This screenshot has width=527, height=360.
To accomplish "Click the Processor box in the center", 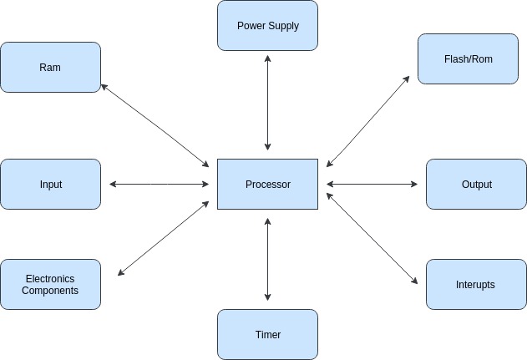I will point(267,184).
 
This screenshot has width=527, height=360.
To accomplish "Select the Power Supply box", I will point(267,25).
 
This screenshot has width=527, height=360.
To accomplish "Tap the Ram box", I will point(50,67).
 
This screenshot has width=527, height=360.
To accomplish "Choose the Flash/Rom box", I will point(468,58).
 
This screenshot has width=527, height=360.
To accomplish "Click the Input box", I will point(50,184).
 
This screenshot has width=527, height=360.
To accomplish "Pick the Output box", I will point(476,184).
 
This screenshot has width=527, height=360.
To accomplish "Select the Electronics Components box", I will point(50,284).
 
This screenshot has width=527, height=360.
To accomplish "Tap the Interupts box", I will point(476,284).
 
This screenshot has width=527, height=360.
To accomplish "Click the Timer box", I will point(267,334).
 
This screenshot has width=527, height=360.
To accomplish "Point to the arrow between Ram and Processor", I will point(155,124).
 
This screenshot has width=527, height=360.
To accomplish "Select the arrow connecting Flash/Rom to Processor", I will point(368,122).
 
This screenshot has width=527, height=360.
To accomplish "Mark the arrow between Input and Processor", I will point(159,184).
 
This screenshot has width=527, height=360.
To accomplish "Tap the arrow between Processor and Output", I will point(372,184).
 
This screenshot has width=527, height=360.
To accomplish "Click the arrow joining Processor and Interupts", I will point(372,239).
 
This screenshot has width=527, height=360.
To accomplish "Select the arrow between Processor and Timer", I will point(267,259).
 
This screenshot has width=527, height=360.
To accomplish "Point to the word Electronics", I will point(50,278).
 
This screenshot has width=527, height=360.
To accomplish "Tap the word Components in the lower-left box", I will point(50,291).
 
